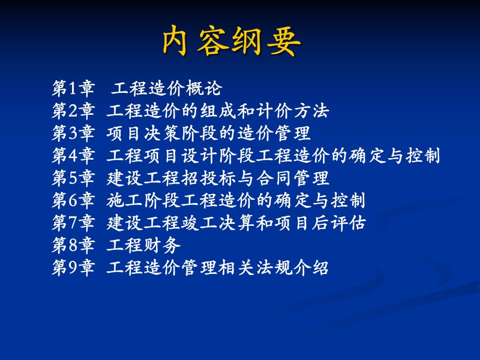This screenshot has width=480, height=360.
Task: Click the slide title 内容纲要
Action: click(232, 41)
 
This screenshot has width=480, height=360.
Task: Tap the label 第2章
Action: click(73, 111)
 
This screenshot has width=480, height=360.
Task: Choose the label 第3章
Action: click(73, 134)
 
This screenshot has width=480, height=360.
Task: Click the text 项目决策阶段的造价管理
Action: click(209, 134)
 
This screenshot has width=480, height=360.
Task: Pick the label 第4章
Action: click(73, 156)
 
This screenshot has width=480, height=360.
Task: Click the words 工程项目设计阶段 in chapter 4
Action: click(182, 156)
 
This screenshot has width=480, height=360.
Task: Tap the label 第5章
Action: click(73, 178)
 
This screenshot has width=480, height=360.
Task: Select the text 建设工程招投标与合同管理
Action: click(218, 178)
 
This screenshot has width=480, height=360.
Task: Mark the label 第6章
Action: click(73, 201)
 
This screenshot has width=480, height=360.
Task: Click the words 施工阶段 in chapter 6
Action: click(145, 201)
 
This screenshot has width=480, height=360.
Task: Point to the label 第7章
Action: click(73, 223)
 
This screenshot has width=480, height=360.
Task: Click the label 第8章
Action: click(73, 246)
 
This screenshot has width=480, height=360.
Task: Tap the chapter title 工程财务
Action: click(145, 246)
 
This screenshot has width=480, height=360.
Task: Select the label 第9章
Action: click(73, 268)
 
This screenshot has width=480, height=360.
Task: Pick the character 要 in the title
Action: click(285, 41)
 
